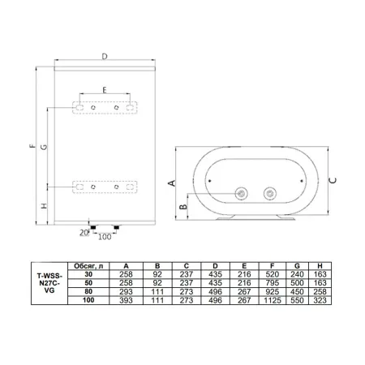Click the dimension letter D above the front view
pos(105,56)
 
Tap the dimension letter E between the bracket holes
pos(105,90)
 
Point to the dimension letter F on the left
pos(32,146)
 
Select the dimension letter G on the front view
pos(44,147)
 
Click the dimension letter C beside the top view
pos(333,180)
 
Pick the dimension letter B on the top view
pos(183,207)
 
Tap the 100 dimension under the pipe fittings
pos(105,237)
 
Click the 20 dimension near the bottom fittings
pos(84,232)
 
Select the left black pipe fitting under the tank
pos(93,228)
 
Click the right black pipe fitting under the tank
pos(117,228)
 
